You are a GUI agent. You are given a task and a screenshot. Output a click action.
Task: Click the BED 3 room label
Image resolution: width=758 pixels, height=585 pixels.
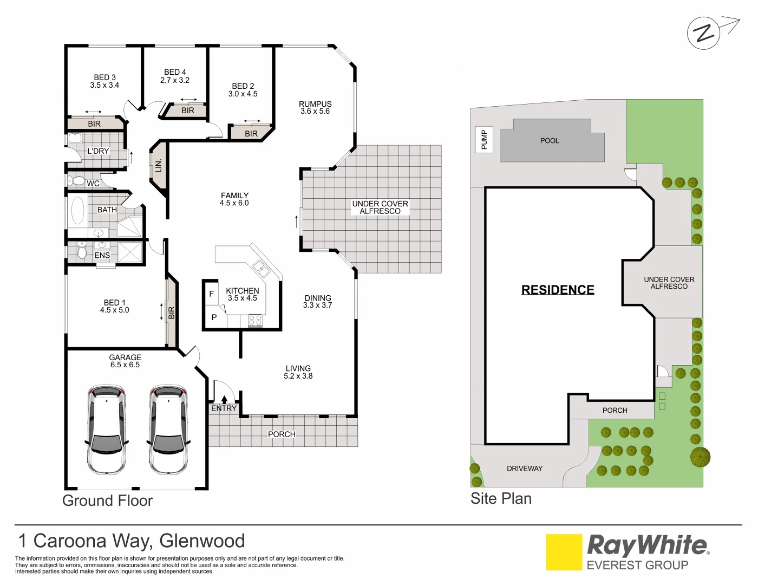(x=104, y=81)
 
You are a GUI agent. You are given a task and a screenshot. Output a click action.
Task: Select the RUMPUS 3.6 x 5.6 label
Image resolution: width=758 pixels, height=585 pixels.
(x=315, y=107)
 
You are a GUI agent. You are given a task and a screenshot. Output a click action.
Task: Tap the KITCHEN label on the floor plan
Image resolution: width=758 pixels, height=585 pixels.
(x=242, y=294)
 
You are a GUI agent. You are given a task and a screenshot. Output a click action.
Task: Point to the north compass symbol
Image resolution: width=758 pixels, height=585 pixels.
(x=704, y=33)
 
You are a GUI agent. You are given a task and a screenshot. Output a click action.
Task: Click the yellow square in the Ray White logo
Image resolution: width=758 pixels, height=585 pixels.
(x=564, y=552)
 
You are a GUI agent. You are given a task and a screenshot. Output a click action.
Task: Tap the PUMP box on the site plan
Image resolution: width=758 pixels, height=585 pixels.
(x=484, y=139)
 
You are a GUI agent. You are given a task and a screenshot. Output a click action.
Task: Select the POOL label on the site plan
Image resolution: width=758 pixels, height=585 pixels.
(x=550, y=141)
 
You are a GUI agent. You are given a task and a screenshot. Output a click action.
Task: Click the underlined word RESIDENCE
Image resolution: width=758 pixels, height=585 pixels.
(x=558, y=290)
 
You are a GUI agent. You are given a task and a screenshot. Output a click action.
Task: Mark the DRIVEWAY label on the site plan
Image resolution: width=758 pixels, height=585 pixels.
(x=524, y=469)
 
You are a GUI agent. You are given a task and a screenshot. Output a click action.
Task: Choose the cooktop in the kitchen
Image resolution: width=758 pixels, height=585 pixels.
(x=255, y=321)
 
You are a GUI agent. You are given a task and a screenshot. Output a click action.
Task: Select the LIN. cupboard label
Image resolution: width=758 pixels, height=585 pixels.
(x=158, y=166)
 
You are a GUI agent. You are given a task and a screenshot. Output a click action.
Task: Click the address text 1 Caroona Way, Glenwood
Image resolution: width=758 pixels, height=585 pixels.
(x=132, y=541)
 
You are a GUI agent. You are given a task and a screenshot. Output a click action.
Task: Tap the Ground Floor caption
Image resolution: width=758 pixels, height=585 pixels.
(x=107, y=500)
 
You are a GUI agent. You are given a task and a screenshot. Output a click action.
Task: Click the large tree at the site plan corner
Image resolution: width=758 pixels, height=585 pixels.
(x=700, y=457)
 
